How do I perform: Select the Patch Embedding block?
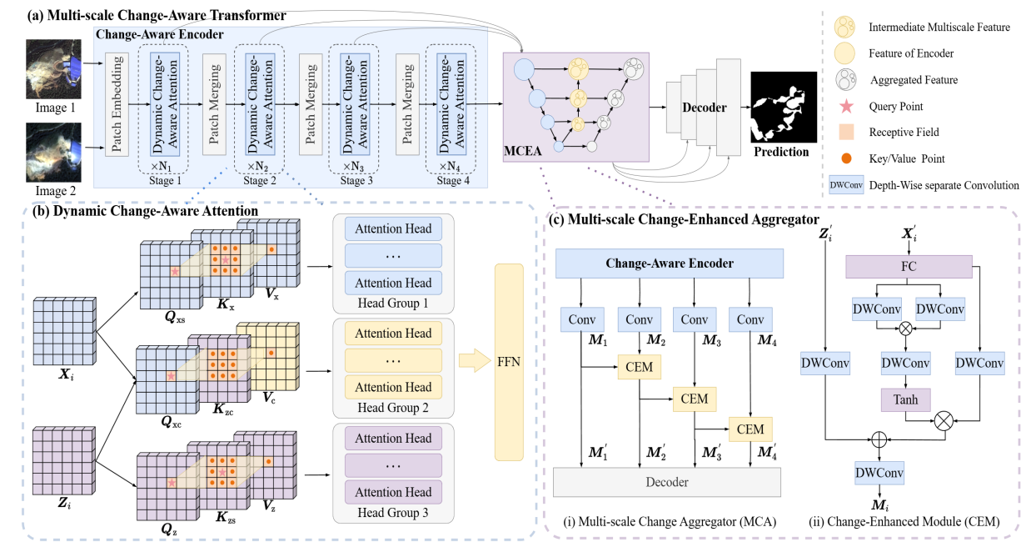coord(116,105)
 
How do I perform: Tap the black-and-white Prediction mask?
coord(779,108)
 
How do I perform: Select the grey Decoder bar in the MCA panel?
coord(667,482)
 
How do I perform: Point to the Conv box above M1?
coord(581,320)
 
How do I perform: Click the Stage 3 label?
coord(355,180)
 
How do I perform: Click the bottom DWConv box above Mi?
coord(879,472)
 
